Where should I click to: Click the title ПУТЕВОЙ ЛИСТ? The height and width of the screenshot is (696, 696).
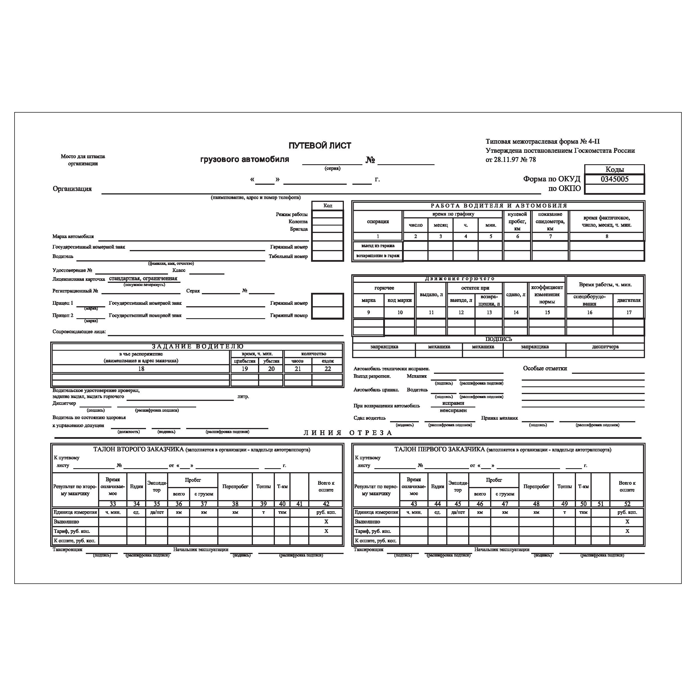click(320, 145)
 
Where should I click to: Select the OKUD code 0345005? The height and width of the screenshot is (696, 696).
click(614, 179)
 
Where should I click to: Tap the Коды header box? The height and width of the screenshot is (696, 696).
click(614, 169)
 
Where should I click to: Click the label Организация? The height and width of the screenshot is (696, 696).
click(72, 189)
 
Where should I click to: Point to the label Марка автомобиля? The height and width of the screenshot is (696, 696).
click(73, 236)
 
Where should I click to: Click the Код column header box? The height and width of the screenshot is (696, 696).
click(327, 205)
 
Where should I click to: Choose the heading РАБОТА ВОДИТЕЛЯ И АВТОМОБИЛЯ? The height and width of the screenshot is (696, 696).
click(499, 206)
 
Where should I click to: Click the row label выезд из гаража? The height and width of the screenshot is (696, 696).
click(378, 246)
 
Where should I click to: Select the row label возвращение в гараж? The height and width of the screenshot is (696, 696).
click(378, 256)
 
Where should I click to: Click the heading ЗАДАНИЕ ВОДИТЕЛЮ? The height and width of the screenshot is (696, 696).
click(197, 346)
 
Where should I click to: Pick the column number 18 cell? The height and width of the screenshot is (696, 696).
click(141, 369)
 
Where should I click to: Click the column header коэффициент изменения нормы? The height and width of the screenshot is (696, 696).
click(547, 294)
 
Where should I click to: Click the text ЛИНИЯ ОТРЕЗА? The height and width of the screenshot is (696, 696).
click(348, 433)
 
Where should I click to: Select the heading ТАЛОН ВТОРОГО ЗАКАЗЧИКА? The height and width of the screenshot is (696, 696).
click(138, 449)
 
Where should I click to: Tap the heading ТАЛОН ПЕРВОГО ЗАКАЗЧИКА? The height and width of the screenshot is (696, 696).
click(439, 449)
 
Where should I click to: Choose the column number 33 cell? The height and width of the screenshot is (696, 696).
click(112, 504)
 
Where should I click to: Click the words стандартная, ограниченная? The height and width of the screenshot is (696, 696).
click(143, 279)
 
